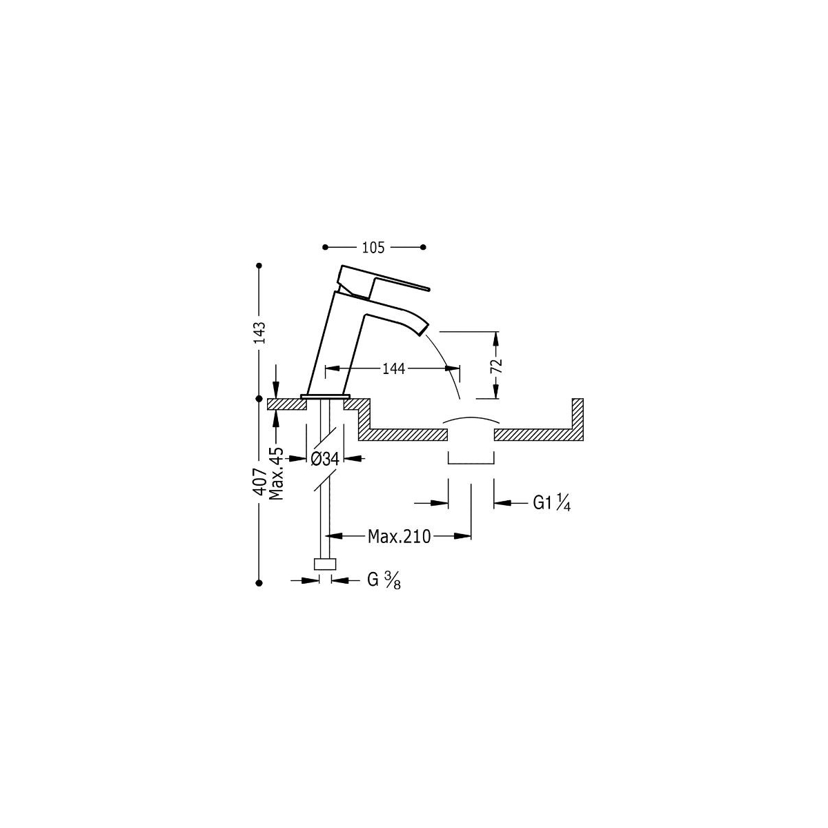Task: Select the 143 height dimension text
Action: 259,332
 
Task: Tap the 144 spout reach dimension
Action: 393,369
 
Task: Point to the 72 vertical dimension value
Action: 495,365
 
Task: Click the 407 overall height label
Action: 259,480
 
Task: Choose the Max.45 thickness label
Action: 277,473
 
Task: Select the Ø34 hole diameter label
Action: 324,457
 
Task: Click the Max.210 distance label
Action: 399,535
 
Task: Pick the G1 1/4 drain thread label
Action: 551,504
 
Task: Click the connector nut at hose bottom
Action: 325,564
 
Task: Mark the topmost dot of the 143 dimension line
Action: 259,265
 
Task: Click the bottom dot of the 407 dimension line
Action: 259,582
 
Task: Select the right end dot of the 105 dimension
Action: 424,247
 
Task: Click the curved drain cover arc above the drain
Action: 471,419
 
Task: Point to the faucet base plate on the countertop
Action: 326,397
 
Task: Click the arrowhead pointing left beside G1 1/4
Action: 502,504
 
